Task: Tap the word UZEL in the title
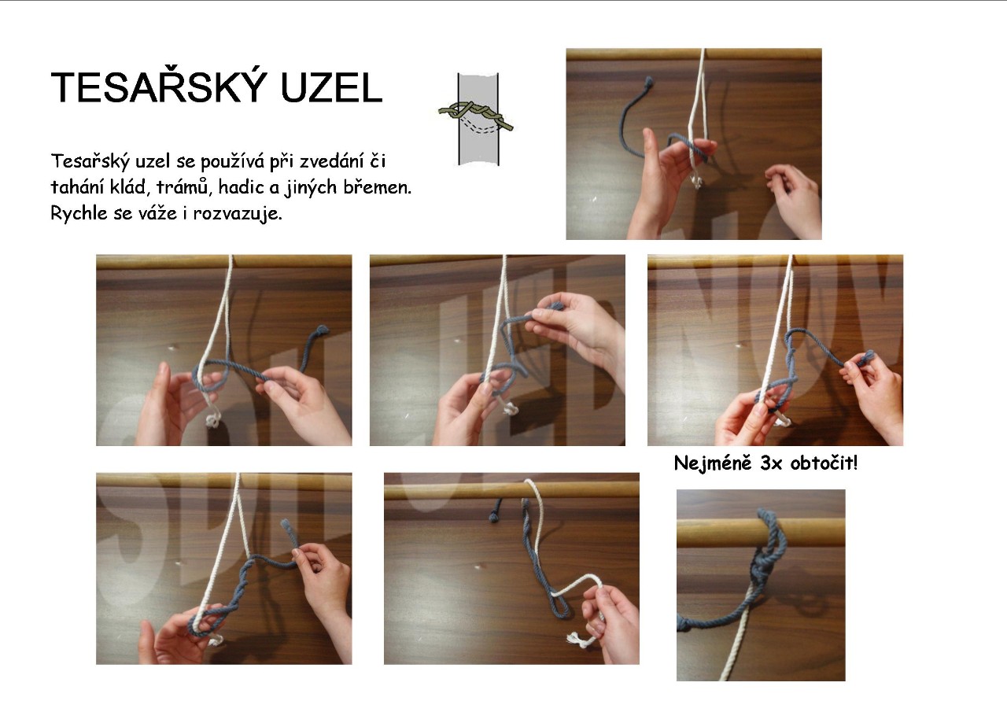click(x=331, y=87)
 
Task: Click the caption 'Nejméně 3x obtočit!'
click(x=765, y=463)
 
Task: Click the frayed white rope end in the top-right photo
click(x=696, y=182)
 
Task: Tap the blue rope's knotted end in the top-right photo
click(x=648, y=82)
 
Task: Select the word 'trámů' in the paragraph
click(x=184, y=186)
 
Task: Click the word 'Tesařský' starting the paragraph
click(x=90, y=161)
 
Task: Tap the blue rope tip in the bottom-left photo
click(x=285, y=524)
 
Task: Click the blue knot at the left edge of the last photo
click(x=684, y=625)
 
